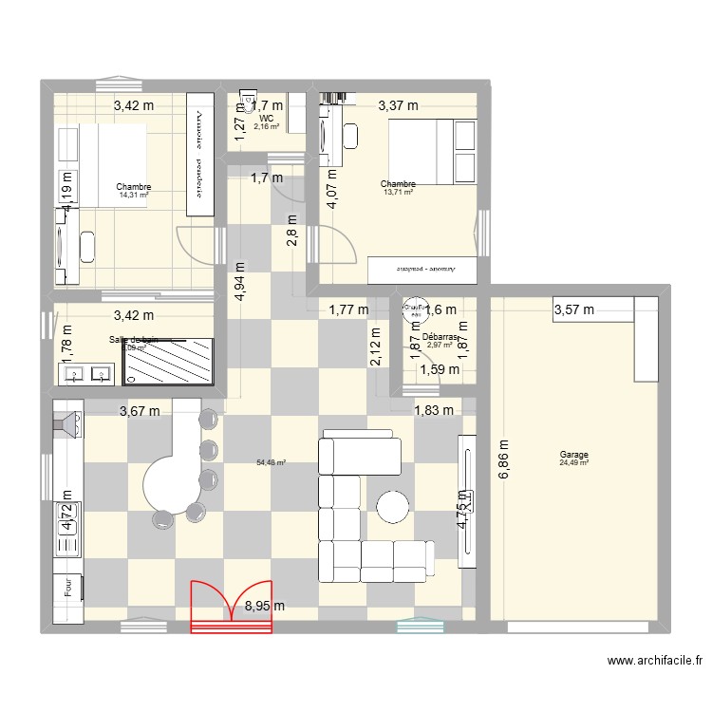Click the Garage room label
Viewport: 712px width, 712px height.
click(x=573, y=455)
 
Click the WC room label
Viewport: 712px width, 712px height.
click(x=265, y=118)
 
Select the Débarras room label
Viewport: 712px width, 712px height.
click(x=441, y=337)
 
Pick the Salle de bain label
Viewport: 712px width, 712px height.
click(x=134, y=340)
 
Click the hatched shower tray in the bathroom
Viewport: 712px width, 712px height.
click(x=172, y=363)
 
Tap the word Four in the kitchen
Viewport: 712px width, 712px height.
click(x=68, y=589)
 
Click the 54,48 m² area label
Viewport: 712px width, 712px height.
click(x=271, y=463)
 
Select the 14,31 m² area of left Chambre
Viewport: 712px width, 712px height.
click(x=134, y=195)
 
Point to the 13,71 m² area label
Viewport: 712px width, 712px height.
click(x=398, y=192)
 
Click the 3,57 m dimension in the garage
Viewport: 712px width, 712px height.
click(x=574, y=309)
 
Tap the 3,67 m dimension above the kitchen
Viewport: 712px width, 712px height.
click(x=140, y=411)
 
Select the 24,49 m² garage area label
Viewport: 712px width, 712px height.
click(x=573, y=463)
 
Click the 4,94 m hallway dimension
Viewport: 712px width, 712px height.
click(x=241, y=280)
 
